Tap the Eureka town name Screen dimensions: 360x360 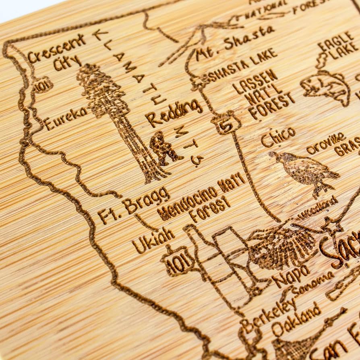tap(66, 118)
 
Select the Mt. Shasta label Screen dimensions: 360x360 tap(235, 43)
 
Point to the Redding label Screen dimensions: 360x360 tap(174, 113)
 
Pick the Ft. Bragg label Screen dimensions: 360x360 tap(133, 205)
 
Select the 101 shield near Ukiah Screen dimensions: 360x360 tap(177, 262)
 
